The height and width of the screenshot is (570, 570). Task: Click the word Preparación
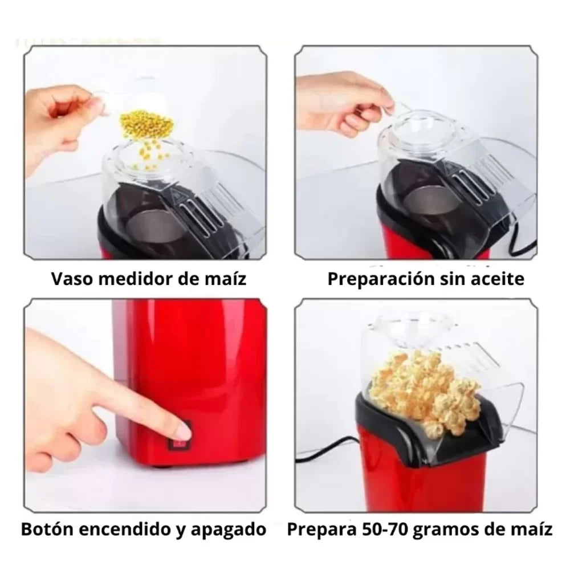[x=381, y=279]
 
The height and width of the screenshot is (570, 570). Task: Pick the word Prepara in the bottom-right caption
[x=322, y=530]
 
